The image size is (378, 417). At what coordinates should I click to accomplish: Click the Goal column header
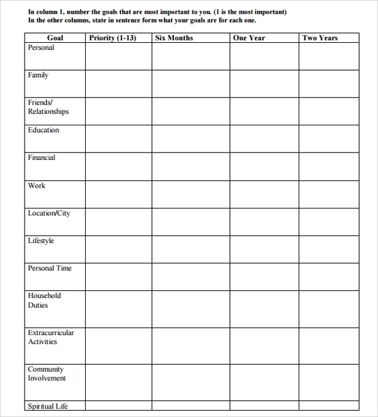click(x=55, y=38)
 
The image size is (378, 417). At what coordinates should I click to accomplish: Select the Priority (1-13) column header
click(x=113, y=38)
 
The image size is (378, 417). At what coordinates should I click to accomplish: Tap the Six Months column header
click(x=174, y=38)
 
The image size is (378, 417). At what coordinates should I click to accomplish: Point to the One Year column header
click(x=248, y=38)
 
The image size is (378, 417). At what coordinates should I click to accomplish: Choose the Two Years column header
click(x=320, y=38)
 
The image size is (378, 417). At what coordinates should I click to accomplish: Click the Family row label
click(x=38, y=75)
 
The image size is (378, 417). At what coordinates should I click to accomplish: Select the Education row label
click(x=43, y=130)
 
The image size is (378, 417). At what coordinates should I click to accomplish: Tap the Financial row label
click(x=42, y=157)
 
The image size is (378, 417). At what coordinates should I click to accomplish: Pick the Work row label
click(x=37, y=185)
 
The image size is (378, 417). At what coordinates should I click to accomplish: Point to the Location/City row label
click(x=49, y=213)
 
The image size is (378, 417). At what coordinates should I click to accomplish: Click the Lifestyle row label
click(x=41, y=241)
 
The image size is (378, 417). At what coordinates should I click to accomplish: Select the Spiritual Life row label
click(x=47, y=406)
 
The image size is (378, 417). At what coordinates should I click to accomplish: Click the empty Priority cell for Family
click(x=118, y=83)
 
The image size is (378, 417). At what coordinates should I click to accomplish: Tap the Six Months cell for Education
click(x=190, y=138)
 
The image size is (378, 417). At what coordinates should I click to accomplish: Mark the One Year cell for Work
click(x=264, y=193)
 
